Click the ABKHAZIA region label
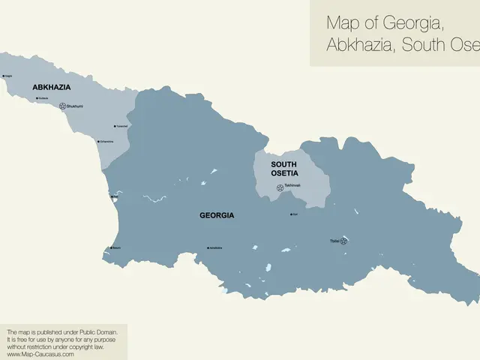[x=52, y=88]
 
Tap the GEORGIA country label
[x=217, y=215]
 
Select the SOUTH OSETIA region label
[x=284, y=169]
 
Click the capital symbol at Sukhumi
[x=62, y=106]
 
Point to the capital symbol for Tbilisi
[x=345, y=241]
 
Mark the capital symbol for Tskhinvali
[x=279, y=187]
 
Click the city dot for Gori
[x=292, y=214]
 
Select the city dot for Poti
[x=112, y=197]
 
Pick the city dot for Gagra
[x=4, y=76]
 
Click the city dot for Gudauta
[x=37, y=97]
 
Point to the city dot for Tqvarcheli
[x=115, y=126]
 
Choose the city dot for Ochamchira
[x=98, y=141]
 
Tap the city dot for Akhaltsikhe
[x=208, y=247]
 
